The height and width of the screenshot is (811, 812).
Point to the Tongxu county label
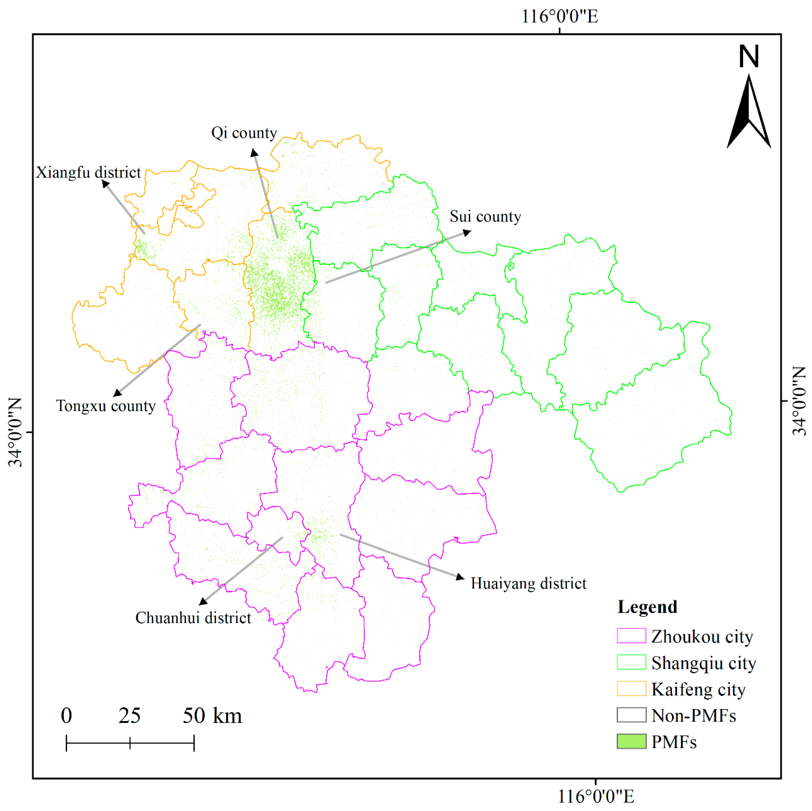click(x=106, y=406)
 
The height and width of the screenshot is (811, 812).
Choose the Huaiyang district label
click(x=528, y=584)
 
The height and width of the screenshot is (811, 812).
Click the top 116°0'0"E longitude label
click(x=560, y=17)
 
